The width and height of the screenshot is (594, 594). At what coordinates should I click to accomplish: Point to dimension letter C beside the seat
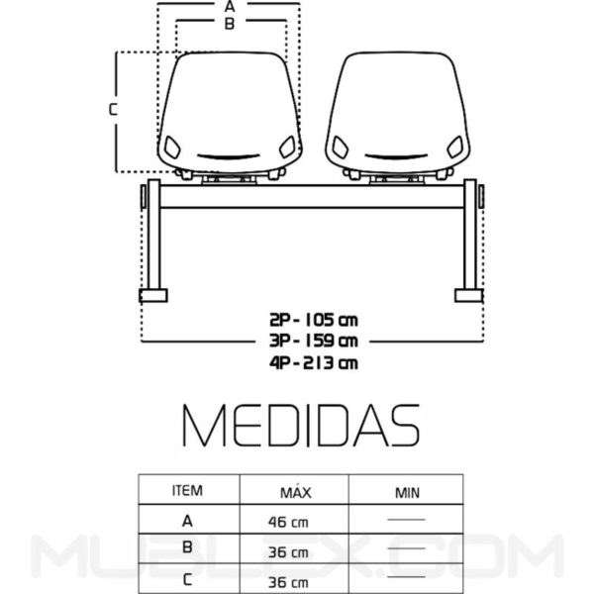(x=114, y=110)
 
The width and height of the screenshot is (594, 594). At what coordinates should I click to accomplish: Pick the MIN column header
(x=407, y=490)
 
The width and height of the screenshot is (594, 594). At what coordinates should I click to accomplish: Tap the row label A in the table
(x=187, y=519)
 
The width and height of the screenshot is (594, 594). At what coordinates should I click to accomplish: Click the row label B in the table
(x=187, y=546)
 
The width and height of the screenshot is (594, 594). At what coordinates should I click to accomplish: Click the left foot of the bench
(x=153, y=294)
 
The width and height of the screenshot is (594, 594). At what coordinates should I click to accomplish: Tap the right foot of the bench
(x=467, y=294)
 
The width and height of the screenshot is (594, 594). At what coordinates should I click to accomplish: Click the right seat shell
(x=397, y=114)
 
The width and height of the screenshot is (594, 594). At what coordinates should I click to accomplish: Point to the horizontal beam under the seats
(x=312, y=196)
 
